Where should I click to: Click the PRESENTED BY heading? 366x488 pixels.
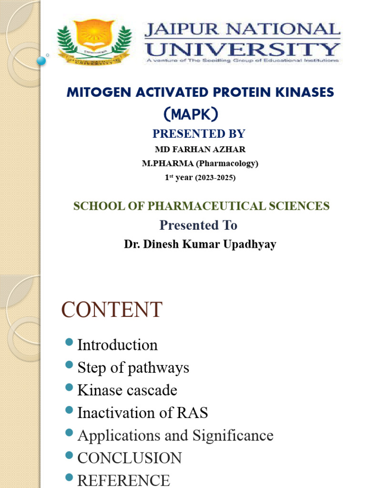[200, 133]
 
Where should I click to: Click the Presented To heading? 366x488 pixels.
[198, 224]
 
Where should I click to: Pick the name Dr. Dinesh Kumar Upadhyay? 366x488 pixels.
[200, 244]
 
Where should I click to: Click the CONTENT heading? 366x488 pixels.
[112, 310]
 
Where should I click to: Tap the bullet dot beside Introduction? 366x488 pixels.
[69, 342]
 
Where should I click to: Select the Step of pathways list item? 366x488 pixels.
[133, 367]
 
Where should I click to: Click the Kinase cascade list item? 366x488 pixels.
[127, 390]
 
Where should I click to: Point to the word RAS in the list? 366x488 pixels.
[195, 413]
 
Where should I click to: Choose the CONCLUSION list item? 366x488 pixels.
[129, 458]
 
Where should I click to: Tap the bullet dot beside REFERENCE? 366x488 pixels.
[69, 478]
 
